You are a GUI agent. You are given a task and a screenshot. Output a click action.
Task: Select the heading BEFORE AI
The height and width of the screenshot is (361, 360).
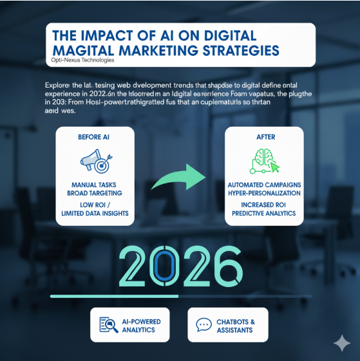[x=94, y=137]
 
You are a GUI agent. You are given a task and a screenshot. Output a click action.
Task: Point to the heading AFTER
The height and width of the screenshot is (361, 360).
[x=264, y=137]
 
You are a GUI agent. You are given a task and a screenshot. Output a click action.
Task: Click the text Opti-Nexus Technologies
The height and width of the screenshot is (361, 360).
[x=82, y=60]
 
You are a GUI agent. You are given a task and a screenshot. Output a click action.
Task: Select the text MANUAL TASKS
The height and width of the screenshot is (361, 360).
[x=94, y=185]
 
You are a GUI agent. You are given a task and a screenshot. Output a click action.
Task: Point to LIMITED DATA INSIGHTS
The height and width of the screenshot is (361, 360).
[x=94, y=213]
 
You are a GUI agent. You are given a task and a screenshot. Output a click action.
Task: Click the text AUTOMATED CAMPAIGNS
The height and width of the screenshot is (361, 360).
[x=264, y=185]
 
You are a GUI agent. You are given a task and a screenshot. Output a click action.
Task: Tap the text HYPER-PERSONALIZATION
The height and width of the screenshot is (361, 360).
[x=264, y=193]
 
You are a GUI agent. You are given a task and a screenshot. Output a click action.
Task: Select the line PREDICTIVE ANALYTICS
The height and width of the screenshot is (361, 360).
[x=264, y=213]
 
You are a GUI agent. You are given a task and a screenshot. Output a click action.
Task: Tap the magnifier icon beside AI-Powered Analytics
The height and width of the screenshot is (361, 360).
[x=108, y=325]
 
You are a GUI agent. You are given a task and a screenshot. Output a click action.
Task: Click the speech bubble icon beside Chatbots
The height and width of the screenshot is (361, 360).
[x=204, y=325]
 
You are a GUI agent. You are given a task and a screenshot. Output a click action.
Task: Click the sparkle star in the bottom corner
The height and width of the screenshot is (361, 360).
[x=341, y=343]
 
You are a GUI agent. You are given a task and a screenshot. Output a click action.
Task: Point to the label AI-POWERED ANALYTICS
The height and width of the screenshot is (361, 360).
[x=141, y=326]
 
